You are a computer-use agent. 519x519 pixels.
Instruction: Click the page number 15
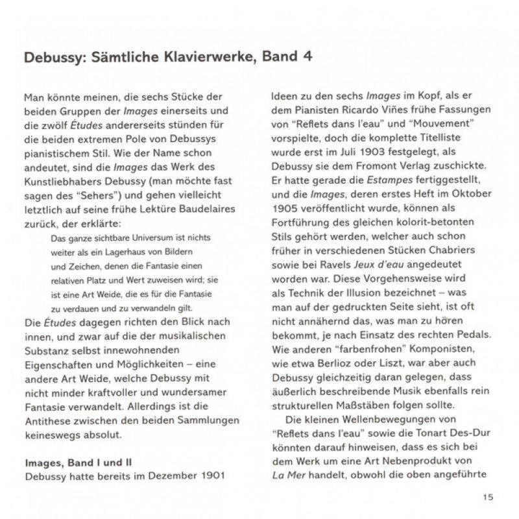click(489, 498)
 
